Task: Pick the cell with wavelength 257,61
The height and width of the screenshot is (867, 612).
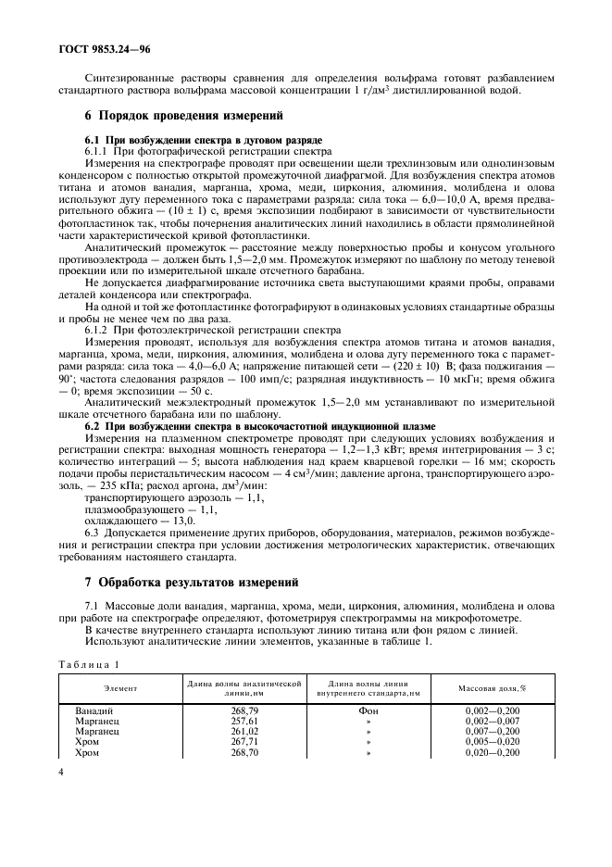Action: tap(244, 721)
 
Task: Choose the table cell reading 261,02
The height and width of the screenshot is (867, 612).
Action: tap(244, 731)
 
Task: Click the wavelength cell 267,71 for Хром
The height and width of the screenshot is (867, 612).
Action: tap(244, 741)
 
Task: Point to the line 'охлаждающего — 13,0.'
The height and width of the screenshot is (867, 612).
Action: tap(127, 521)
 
